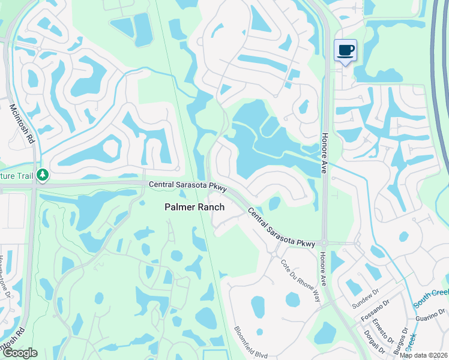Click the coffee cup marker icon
click(345, 50)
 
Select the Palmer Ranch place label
click(195, 207)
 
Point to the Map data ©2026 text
click(424, 355)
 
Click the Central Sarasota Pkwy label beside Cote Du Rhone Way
click(281, 227)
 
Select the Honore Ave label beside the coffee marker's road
click(324, 154)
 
